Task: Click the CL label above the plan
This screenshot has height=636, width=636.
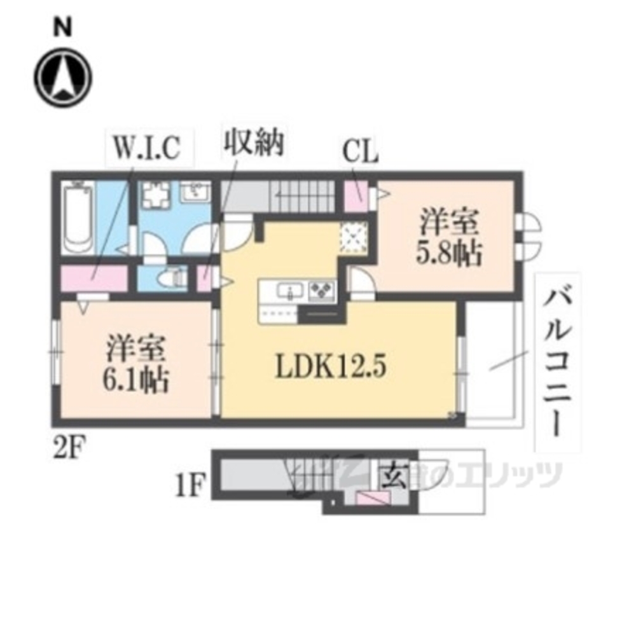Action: [x=360, y=153]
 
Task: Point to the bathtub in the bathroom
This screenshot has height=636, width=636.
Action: [x=79, y=216]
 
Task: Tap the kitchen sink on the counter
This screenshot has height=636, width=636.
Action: [x=290, y=292]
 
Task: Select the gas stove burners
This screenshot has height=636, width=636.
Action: [x=321, y=291]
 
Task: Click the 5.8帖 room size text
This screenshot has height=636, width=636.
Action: [x=449, y=255]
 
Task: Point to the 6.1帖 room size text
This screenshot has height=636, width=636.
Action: [x=135, y=381]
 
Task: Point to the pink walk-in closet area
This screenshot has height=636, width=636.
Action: [x=93, y=278]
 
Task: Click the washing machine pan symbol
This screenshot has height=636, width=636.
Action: [x=155, y=194]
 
